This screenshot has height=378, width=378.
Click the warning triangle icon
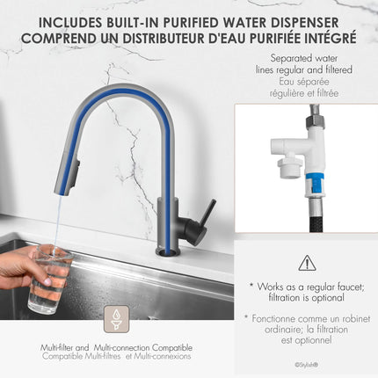[x=306, y=262]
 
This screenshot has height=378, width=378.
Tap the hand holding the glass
[x=18, y=267]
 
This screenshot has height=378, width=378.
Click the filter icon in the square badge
[x=117, y=320]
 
